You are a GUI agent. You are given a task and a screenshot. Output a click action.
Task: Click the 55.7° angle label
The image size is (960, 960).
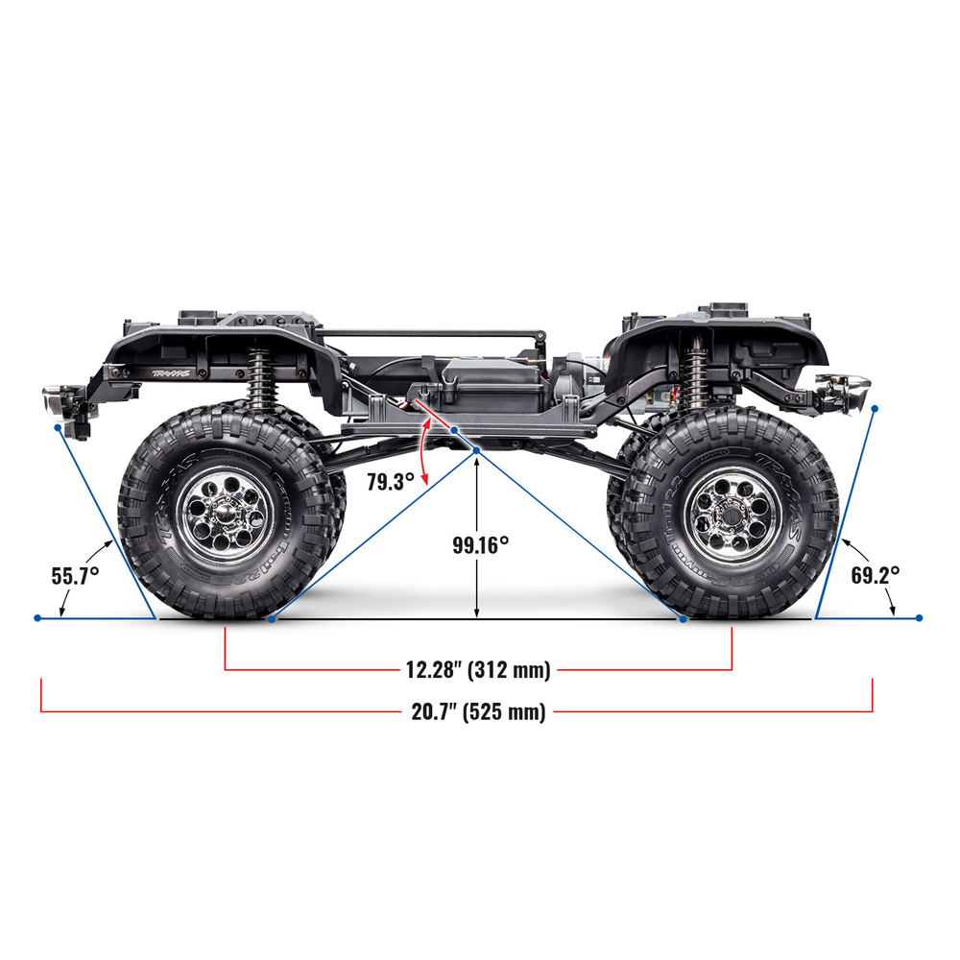[75, 576]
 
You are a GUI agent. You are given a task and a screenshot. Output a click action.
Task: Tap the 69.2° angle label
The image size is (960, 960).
[876, 575]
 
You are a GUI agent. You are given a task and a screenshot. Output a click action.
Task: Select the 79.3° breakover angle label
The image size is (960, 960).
[391, 482]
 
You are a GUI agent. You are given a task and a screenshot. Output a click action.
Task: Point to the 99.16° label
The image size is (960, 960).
[481, 545]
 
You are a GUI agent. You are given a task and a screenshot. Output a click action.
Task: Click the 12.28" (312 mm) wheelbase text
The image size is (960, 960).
[478, 669]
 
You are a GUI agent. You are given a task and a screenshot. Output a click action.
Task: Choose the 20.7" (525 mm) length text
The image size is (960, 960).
[478, 711]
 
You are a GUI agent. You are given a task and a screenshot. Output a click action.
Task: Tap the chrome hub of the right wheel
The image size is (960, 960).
[732, 515]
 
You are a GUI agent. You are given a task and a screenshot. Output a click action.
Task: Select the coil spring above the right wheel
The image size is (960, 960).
[695, 373]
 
